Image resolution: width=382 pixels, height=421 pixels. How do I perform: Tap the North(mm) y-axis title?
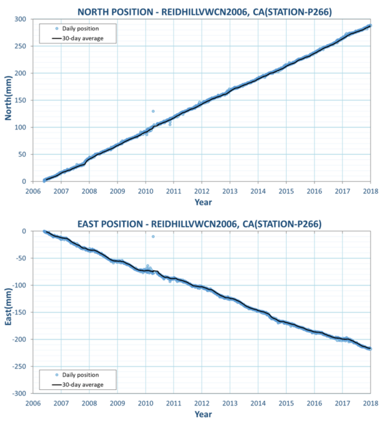coord(10,100)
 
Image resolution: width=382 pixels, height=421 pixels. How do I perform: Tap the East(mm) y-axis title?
coord(10,312)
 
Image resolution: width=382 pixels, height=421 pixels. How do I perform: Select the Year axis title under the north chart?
coord(203,202)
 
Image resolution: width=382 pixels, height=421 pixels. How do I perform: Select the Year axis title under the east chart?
coord(203,413)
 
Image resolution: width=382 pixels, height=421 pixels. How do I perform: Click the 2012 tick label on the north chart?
coord(201,191)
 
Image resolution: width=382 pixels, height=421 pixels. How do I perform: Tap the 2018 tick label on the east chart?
coord(370,402)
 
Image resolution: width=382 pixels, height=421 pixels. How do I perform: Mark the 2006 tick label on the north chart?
coord(34,191)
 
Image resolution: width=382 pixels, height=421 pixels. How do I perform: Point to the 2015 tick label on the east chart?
coord(286,402)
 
